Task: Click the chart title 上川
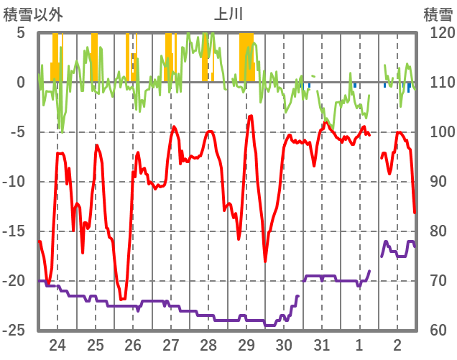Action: pyautogui.click(x=229, y=14)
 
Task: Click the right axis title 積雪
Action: pyautogui.click(x=437, y=14)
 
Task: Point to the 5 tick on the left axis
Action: pyautogui.click(x=20, y=33)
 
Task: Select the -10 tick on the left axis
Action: pyautogui.click(x=15, y=182)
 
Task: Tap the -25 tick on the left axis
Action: pyautogui.click(x=15, y=331)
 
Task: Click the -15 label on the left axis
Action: pyautogui.click(x=15, y=231)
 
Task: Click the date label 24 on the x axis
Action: pyautogui.click(x=57, y=345)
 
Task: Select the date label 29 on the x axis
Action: pyautogui.click(x=246, y=345)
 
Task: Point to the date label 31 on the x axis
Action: pyautogui.click(x=322, y=345)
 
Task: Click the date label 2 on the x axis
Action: pyautogui.click(x=397, y=345)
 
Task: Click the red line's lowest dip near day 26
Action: pyautogui.click(x=123, y=299)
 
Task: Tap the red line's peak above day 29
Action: pyautogui.click(x=251, y=116)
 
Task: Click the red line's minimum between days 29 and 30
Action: pyautogui.click(x=265, y=261)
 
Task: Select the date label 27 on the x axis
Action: pyautogui.click(x=171, y=345)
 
